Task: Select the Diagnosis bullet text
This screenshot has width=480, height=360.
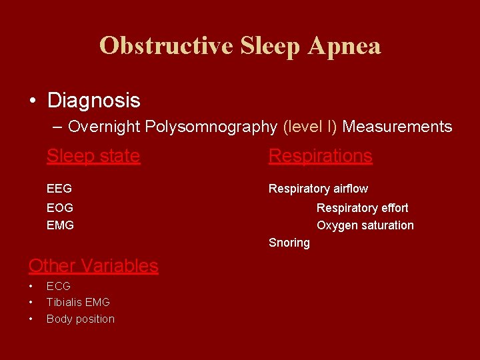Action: (93, 101)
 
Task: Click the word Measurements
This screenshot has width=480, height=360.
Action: (397, 127)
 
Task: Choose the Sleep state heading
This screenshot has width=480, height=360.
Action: (93, 156)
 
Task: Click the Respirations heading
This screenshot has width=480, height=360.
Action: (320, 156)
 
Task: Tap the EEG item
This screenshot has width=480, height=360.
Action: (59, 189)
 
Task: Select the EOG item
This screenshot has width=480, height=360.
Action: (60, 208)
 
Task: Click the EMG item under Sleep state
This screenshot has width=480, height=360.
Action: (60, 225)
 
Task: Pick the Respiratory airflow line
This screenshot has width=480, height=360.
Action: (318, 189)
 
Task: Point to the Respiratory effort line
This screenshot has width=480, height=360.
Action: (362, 208)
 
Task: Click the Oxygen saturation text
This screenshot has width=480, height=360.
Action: (365, 225)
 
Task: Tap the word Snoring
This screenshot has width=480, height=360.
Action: (289, 243)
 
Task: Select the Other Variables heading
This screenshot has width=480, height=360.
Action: (93, 265)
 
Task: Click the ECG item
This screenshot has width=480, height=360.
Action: (59, 286)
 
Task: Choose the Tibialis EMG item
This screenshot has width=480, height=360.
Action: (78, 303)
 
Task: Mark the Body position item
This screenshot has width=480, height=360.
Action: (81, 319)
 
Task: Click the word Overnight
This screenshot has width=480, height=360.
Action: (103, 127)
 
